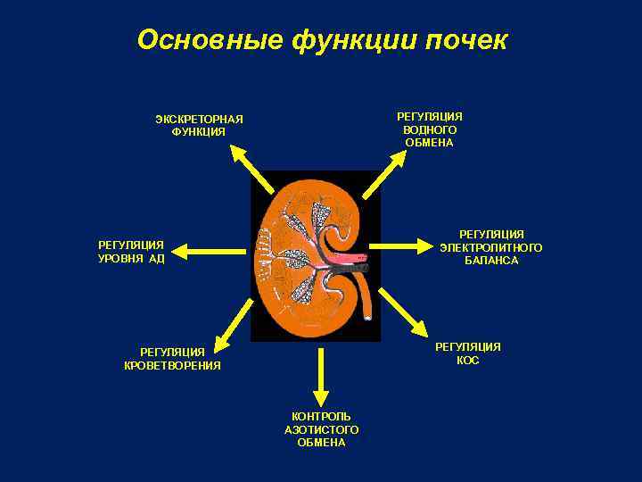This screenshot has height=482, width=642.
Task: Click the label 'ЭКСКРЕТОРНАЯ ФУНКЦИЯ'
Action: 199,126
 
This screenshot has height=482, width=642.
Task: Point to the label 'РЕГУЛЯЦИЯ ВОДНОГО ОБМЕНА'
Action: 429,129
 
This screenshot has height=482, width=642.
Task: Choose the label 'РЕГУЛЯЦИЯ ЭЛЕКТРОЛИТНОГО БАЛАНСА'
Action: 491,247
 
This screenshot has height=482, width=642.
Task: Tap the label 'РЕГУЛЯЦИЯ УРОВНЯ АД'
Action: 131,252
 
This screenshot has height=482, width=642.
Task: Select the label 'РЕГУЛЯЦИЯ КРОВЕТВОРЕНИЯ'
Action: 172,359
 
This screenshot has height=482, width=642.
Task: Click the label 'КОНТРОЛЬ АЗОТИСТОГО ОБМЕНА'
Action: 321,429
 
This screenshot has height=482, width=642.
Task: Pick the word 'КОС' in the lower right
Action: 468,361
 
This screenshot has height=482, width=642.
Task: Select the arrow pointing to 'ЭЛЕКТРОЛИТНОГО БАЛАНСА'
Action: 402,244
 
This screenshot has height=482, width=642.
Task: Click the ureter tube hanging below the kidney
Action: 368,300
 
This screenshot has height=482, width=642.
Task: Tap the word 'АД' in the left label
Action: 157,259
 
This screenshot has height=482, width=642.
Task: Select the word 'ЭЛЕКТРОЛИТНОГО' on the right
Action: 491,247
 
